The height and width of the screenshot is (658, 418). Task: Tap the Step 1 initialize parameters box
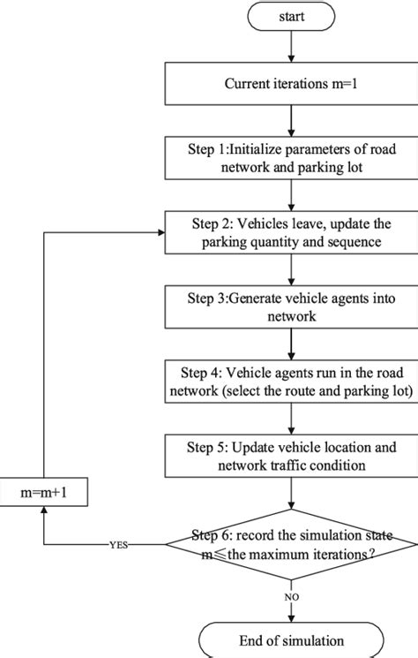point(290,155)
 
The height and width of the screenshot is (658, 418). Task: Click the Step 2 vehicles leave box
point(290,233)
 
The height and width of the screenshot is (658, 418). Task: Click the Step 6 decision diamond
point(290,544)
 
